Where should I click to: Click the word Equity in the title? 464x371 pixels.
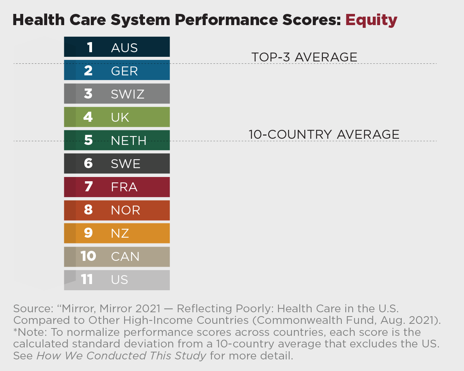pyautogui.click(x=371, y=20)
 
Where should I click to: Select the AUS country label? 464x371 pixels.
pyautogui.click(x=124, y=48)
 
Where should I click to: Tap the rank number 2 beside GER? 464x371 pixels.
pyautogui.click(x=88, y=71)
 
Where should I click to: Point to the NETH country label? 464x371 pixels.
pyautogui.click(x=128, y=141)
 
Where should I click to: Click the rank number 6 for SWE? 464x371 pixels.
pyautogui.click(x=88, y=164)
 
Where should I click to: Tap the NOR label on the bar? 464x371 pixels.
pyautogui.click(x=125, y=210)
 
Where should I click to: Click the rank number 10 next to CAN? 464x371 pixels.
pyautogui.click(x=88, y=257)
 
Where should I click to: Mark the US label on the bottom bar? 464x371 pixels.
pyautogui.click(x=119, y=280)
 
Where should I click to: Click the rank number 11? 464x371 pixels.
pyautogui.click(x=87, y=280)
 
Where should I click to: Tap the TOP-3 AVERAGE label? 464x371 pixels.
pyautogui.click(x=304, y=57)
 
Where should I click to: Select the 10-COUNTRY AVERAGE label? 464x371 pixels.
pyautogui.click(x=324, y=134)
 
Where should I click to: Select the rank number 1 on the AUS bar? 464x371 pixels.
pyautogui.click(x=90, y=48)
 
